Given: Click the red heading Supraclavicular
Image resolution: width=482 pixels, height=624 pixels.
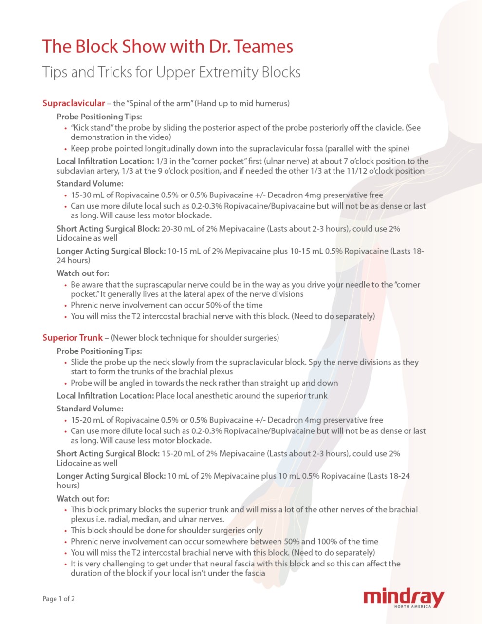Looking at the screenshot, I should pyautogui.click(x=74, y=103).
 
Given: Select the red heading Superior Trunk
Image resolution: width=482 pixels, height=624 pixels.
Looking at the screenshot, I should pyautogui.click(x=73, y=338).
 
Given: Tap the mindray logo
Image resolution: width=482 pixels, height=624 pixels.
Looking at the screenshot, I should pyautogui.click(x=404, y=598).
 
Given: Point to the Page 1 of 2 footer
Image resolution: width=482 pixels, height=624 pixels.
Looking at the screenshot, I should pyautogui.click(x=58, y=599).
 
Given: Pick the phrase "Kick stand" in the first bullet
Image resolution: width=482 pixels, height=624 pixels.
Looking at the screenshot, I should pyautogui.click(x=91, y=128).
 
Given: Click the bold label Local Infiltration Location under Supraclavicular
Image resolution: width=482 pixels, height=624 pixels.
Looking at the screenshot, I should pyautogui.click(x=105, y=161).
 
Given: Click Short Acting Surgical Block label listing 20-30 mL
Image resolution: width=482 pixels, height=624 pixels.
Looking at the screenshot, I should pyautogui.click(x=108, y=229).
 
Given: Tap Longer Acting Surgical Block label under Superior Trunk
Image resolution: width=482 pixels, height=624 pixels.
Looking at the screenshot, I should pyautogui.click(x=111, y=476).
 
